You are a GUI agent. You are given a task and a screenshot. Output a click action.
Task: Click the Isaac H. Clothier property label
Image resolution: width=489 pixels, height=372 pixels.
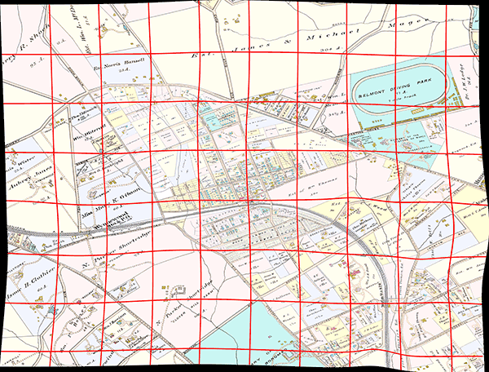29,282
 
